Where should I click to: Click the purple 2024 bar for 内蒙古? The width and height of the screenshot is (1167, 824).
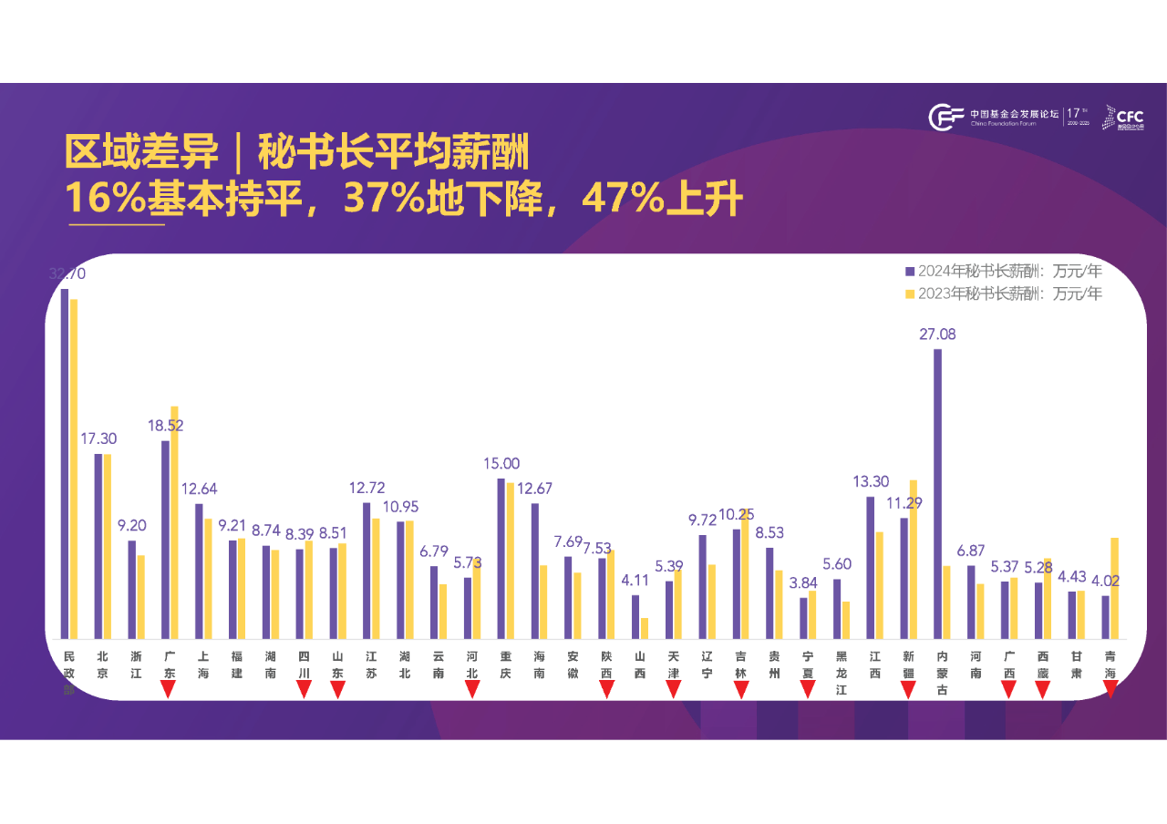pos(937,493)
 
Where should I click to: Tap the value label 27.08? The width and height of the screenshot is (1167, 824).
pos(937,335)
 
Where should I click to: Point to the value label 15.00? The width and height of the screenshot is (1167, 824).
pos(501,463)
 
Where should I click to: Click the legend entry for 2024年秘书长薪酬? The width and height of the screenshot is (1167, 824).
pos(1004,271)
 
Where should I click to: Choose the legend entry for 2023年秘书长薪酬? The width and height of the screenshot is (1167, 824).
pos(1004,294)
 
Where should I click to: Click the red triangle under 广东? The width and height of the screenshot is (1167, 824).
pos(168,690)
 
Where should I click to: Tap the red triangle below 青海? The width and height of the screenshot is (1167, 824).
pos(1110,689)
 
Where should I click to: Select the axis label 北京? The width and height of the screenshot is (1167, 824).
pos(103,664)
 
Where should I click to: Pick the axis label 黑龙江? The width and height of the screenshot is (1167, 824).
pos(842,673)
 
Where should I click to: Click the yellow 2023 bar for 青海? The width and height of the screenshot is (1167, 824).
pos(1115,588)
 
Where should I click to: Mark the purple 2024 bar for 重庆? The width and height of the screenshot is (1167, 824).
pos(501,558)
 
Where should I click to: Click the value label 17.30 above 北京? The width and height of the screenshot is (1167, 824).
pos(98,438)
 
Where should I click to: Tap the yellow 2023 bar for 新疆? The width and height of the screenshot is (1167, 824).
pos(914,559)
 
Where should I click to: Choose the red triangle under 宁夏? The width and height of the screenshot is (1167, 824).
pos(808,690)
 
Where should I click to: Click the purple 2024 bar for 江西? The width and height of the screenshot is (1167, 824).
pos(870,567)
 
